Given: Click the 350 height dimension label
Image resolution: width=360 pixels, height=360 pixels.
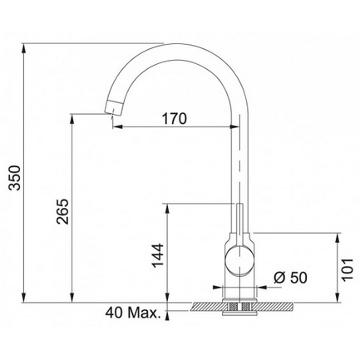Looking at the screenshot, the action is [14, 178].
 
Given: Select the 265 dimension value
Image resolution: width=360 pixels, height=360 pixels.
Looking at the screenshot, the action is [62, 211].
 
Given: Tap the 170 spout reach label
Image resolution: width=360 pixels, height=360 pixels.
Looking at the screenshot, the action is [174, 119].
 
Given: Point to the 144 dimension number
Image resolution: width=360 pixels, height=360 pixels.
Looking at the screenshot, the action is [158, 255].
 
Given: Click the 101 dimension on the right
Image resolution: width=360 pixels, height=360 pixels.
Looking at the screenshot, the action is [348, 269].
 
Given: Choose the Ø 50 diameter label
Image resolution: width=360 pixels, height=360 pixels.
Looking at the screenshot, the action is [290, 278].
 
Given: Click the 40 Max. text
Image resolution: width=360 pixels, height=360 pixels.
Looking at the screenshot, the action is [133, 313].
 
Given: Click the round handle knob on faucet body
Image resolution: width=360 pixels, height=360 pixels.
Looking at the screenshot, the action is [239, 260].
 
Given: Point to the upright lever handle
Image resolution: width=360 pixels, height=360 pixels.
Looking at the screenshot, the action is [240, 224].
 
